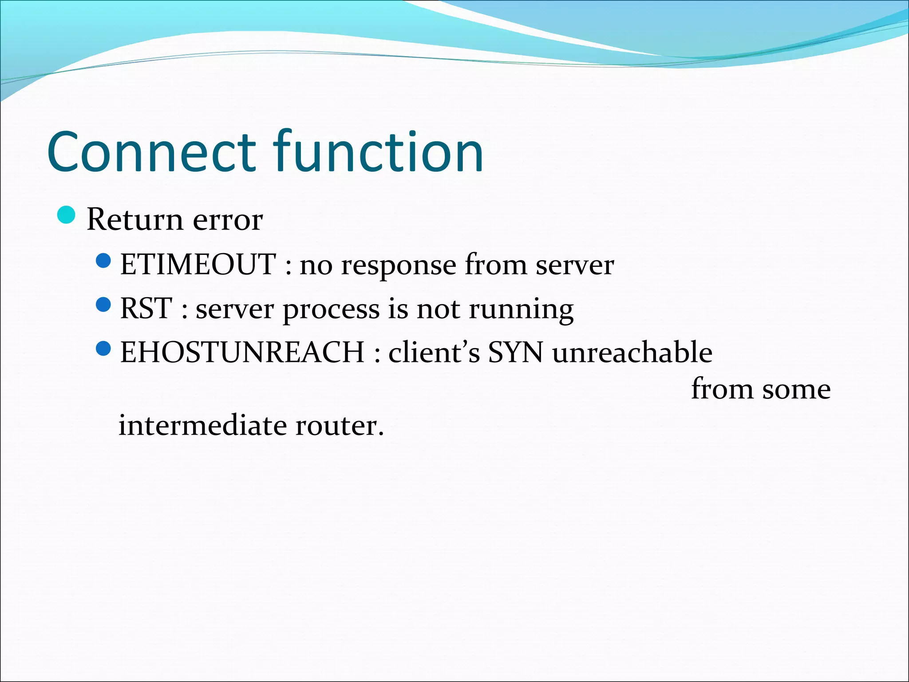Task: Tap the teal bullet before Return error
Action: point(67,215)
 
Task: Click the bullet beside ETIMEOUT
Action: point(103,261)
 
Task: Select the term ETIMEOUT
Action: point(198,265)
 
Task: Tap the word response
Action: point(399,266)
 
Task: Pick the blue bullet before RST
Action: point(103,305)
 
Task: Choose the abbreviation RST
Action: point(146,309)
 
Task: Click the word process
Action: point(331,310)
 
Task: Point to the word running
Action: point(521,310)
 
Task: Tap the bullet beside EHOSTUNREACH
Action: point(103,349)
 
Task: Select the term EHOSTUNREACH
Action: point(242,353)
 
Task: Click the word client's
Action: point(434,353)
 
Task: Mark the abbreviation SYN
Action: point(516,353)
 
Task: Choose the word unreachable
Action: point(632,353)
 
